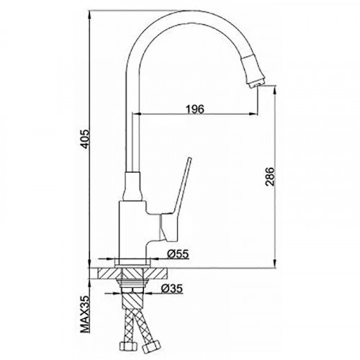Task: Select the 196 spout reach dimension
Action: pos(195,109)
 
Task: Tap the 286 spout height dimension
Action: pos(270,176)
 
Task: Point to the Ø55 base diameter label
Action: pos(178,254)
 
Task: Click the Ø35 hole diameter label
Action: pos(172,288)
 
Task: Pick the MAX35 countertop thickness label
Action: pos(85,314)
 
